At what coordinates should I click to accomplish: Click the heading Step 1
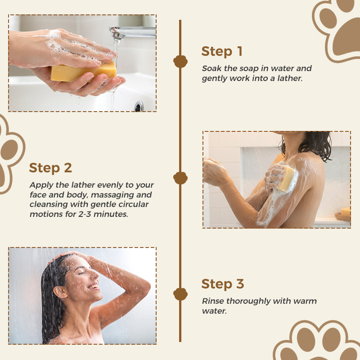[x=222, y=51]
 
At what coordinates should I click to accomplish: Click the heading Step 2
[x=50, y=168]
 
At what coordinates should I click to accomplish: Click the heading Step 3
[x=222, y=284]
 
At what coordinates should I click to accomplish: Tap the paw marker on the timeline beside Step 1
[x=180, y=62]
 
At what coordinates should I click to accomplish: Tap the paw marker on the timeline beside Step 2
[x=180, y=178]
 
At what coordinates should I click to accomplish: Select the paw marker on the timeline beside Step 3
[x=180, y=294]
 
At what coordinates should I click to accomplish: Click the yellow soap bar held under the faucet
[x=83, y=72]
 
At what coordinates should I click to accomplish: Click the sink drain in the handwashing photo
[x=139, y=106]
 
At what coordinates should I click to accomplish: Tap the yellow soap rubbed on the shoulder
[x=286, y=179]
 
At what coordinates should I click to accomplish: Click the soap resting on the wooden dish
[x=346, y=211]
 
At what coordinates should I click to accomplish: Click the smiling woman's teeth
[x=94, y=286]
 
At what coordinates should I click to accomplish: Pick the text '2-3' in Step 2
[x=85, y=214]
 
